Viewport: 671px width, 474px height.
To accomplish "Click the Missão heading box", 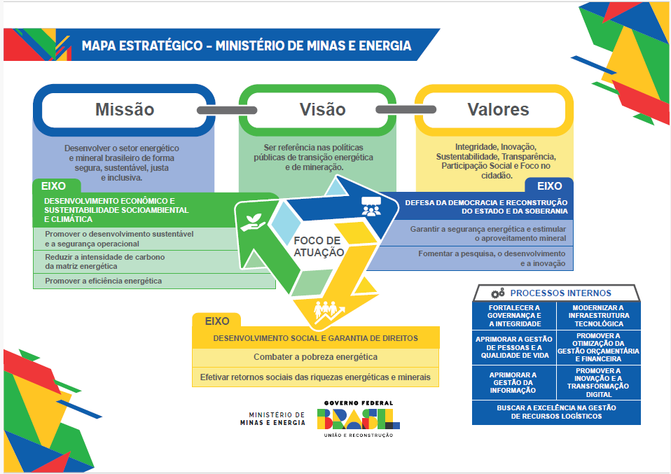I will pos(124,110).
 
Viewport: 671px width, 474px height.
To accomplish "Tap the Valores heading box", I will pos(498,110).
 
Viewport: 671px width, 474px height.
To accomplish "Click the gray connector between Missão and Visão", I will pos(218,110).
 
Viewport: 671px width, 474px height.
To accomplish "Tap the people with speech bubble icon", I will pos(371,206).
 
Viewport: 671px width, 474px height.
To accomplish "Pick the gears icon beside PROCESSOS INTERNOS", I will pos(498,293).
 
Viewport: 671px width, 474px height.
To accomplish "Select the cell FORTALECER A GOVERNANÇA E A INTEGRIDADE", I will pos(514,315).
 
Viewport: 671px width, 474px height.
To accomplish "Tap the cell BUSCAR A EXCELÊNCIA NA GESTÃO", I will pos(556,412).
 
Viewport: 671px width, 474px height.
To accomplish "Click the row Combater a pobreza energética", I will pos(315,356).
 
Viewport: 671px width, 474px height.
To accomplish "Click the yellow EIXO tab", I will pos(217,321).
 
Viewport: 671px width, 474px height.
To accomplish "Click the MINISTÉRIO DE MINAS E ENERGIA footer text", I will pos(272,419).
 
